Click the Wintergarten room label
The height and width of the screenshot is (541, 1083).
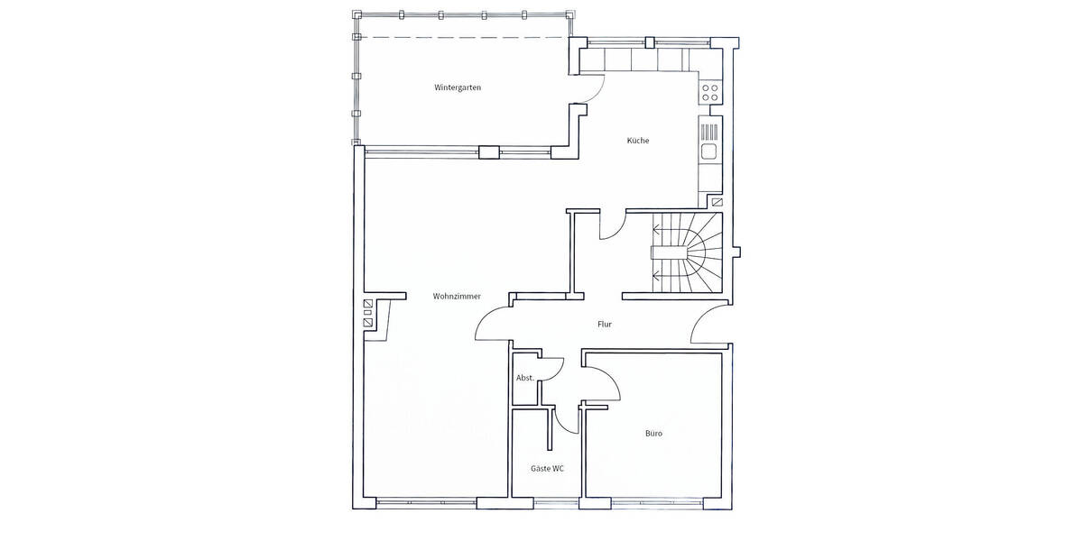(x=458, y=87)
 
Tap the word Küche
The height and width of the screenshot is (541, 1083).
(x=638, y=141)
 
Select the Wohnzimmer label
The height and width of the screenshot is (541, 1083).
(x=456, y=296)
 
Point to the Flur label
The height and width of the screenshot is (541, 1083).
(x=605, y=324)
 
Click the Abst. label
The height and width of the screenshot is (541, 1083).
(x=523, y=378)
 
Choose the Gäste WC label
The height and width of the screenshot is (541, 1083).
(x=547, y=468)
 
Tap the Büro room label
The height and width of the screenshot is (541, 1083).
(x=653, y=434)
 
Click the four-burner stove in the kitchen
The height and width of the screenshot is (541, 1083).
(x=710, y=92)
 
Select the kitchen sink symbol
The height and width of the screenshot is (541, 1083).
(x=709, y=151)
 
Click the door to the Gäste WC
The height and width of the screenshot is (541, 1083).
(x=567, y=419)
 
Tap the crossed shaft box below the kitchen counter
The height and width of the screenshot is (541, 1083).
(x=716, y=203)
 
